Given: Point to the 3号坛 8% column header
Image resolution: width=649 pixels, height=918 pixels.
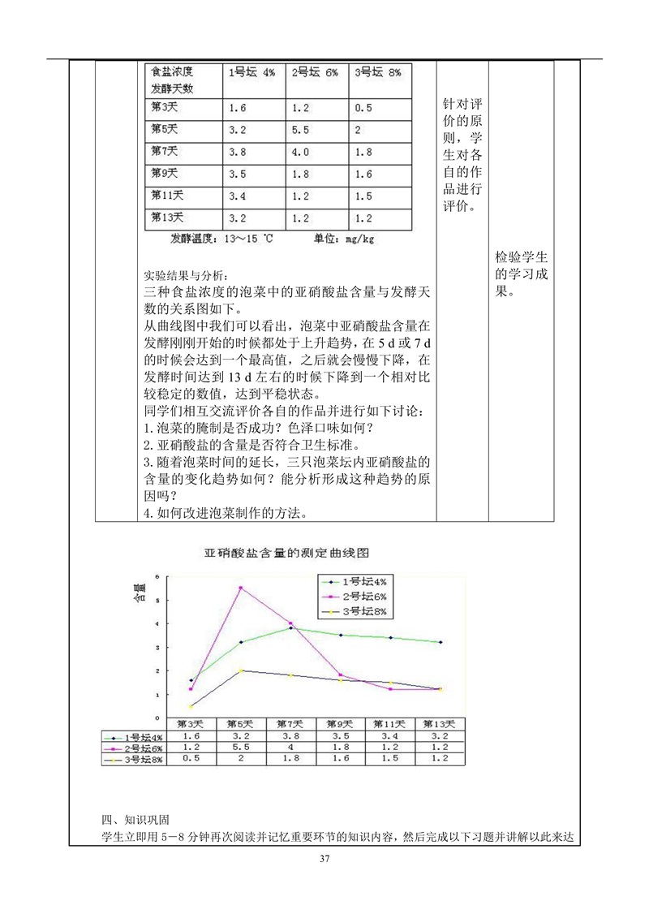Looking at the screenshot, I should point(379,72).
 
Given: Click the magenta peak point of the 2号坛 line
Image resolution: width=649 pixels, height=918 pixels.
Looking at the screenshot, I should point(240,588).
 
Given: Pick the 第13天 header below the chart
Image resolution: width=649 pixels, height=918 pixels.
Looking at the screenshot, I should point(441,724).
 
